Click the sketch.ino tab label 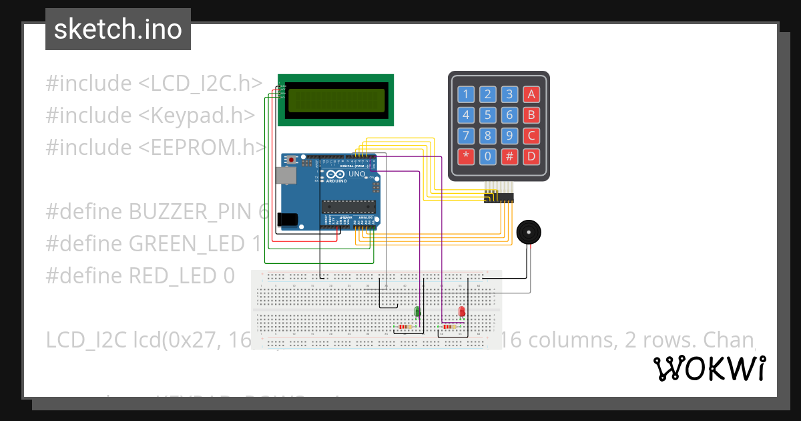[117, 29]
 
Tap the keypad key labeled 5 [488, 115]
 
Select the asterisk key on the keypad [466, 157]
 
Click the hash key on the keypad [509, 157]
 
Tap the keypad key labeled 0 [488, 157]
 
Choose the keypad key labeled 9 [509, 136]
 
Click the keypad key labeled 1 [466, 94]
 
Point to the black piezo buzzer [529, 233]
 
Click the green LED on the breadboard [417, 311]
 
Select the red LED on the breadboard [461, 311]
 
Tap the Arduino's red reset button [292, 160]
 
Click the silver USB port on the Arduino [286, 175]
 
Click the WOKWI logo [709, 368]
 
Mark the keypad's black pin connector [499, 197]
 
